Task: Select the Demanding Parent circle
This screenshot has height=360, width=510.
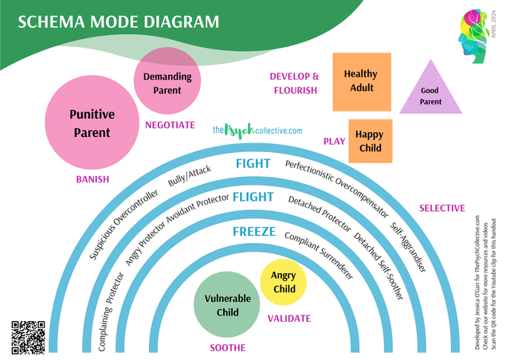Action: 167,83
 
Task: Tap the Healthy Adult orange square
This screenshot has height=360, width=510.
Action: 360,81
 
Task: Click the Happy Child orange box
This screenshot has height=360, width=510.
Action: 368,141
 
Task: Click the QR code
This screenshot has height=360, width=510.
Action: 28,335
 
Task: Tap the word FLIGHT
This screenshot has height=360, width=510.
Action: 253,198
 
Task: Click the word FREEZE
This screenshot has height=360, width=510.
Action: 254,232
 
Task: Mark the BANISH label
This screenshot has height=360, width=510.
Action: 92,179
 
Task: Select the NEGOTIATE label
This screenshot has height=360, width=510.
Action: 170,125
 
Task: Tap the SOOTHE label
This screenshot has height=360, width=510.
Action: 227,348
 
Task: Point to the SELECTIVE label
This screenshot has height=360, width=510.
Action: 441,208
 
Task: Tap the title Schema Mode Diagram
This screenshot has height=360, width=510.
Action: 118,22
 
